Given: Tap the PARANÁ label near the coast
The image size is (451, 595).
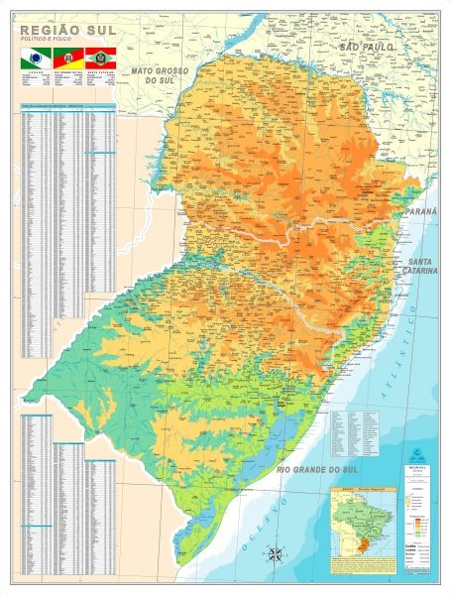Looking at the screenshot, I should [417, 241].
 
